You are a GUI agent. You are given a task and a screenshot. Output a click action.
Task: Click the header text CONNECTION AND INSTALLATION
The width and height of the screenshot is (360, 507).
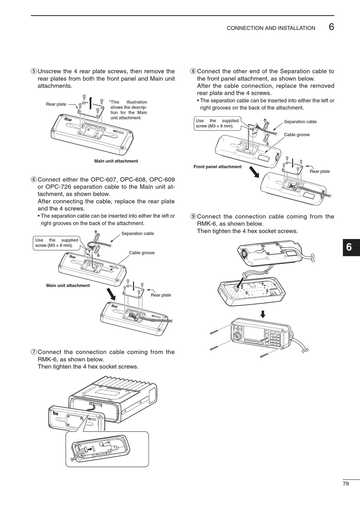[x=271, y=28]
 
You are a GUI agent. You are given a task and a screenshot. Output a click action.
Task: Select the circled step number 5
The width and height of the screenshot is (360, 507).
[x=34, y=71]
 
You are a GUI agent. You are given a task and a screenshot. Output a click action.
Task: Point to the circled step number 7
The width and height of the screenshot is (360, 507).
[x=34, y=352]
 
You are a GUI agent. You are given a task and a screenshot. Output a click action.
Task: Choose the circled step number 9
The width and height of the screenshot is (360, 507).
[x=193, y=217]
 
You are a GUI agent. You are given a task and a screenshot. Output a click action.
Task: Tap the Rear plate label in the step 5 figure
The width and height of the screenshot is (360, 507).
[x=56, y=104]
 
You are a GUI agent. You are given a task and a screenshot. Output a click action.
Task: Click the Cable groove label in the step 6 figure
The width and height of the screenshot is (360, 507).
[x=142, y=253]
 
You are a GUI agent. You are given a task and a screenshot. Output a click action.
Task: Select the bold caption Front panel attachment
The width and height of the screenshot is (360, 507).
[x=217, y=167]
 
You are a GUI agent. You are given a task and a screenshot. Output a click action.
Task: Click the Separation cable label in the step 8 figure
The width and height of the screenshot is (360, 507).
[x=300, y=122]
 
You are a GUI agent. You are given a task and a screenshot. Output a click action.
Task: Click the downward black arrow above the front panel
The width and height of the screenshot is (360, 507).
[x=263, y=314]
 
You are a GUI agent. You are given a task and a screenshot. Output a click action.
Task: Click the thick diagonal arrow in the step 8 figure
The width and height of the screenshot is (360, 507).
[x=254, y=171]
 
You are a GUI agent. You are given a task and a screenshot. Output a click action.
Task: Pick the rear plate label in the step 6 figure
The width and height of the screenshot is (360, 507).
[x=161, y=295]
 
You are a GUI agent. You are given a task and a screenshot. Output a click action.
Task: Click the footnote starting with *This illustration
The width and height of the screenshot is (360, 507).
[x=128, y=110]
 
